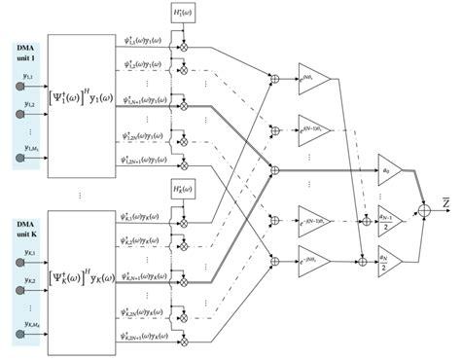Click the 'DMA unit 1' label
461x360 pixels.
tap(20, 52)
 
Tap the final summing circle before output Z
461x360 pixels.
tap(424, 206)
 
